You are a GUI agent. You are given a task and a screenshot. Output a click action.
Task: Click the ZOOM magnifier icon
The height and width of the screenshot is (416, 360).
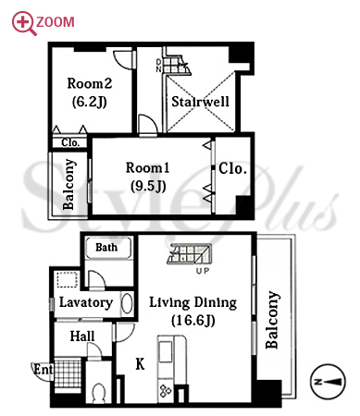(24, 23)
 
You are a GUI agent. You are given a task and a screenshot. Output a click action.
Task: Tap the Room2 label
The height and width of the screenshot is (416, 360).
(90, 83)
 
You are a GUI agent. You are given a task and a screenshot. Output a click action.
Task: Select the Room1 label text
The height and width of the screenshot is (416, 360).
(148, 168)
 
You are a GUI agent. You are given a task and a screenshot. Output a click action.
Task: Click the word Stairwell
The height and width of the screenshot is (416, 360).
(200, 102)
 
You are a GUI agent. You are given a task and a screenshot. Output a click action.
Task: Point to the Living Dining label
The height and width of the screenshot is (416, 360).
(193, 303)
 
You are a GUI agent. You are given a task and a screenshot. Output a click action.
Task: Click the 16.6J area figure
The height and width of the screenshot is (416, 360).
(193, 321)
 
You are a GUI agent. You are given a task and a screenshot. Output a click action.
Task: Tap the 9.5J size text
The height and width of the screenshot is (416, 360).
(148, 186)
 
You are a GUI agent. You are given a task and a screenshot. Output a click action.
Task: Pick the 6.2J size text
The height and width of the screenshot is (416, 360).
(90, 102)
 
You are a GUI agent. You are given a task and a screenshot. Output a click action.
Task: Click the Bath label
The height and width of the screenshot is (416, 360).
(106, 247)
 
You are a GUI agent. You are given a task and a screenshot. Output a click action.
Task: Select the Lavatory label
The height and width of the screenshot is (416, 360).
(86, 302)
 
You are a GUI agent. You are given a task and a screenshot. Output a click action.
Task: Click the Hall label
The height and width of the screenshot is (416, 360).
(82, 336)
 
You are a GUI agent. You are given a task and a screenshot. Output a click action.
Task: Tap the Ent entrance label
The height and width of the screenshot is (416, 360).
(43, 369)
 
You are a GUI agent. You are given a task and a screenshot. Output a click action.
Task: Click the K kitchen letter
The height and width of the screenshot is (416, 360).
(140, 364)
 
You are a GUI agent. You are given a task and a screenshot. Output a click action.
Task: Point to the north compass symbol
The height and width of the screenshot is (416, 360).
(328, 382)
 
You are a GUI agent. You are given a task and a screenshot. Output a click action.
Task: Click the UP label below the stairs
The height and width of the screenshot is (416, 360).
(203, 271)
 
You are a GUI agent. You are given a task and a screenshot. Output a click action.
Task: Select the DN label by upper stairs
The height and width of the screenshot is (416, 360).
(158, 66)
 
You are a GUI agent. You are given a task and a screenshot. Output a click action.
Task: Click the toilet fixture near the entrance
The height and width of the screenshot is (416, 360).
(99, 392)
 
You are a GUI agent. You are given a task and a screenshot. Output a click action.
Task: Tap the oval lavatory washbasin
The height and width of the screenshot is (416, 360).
(127, 303)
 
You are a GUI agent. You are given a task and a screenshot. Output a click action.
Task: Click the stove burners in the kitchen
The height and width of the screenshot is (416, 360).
(165, 391)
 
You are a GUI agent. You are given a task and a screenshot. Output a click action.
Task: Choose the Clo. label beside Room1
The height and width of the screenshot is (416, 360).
(233, 168)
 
